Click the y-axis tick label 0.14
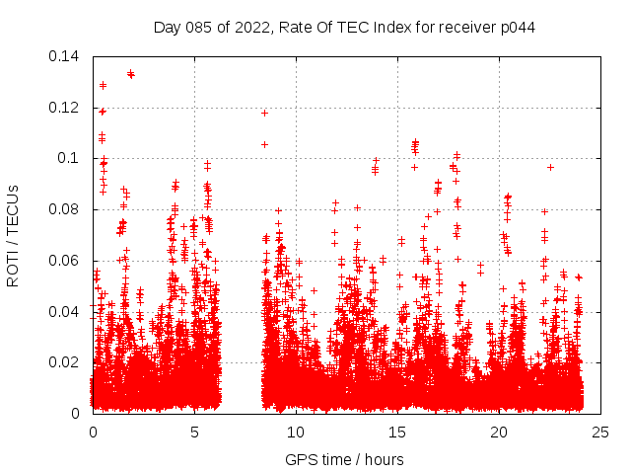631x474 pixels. (65, 56)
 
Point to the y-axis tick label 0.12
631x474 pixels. (65, 108)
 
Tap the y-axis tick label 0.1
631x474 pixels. (69, 158)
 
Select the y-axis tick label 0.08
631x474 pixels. (65, 209)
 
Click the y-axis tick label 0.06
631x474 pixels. (65, 261)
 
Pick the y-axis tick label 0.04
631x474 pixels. (65, 312)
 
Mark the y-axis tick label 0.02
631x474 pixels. (65, 362)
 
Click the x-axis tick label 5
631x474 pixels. (194, 432)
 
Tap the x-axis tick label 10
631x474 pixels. (296, 432)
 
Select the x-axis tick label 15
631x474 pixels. (397, 432)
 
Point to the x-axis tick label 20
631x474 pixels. (499, 432)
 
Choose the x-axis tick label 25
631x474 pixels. (600, 432)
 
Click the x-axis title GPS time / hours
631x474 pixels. (344, 459)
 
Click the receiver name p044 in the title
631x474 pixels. (517, 27)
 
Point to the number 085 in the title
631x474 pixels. (198, 27)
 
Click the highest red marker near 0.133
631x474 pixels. (130, 73)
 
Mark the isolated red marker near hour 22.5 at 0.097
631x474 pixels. (550, 167)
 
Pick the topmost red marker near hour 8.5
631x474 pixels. (264, 113)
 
